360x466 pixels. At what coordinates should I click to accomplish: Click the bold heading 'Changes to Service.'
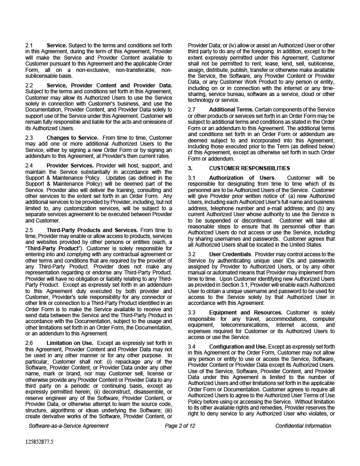72,137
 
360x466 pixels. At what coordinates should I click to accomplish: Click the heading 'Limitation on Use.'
70,343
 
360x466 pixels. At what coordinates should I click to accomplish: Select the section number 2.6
29,343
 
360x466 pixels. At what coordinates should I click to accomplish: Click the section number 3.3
192,313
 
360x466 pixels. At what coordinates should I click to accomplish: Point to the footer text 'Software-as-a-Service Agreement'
68,426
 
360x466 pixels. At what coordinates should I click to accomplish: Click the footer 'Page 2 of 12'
180,426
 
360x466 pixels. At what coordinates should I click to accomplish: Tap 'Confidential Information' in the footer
303,426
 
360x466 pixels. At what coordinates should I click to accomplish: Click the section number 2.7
192,110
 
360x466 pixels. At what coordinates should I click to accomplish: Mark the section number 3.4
192,347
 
